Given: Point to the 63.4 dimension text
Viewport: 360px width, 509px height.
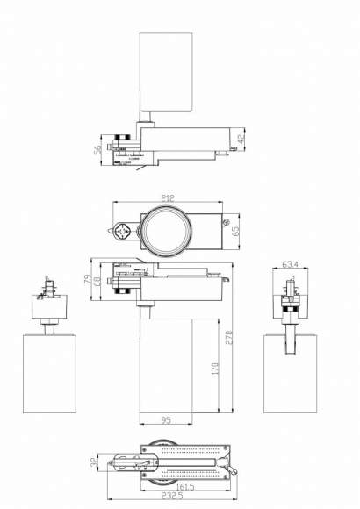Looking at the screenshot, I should pos(292,261).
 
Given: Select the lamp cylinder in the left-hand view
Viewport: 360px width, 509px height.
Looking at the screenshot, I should pos(44,372).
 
